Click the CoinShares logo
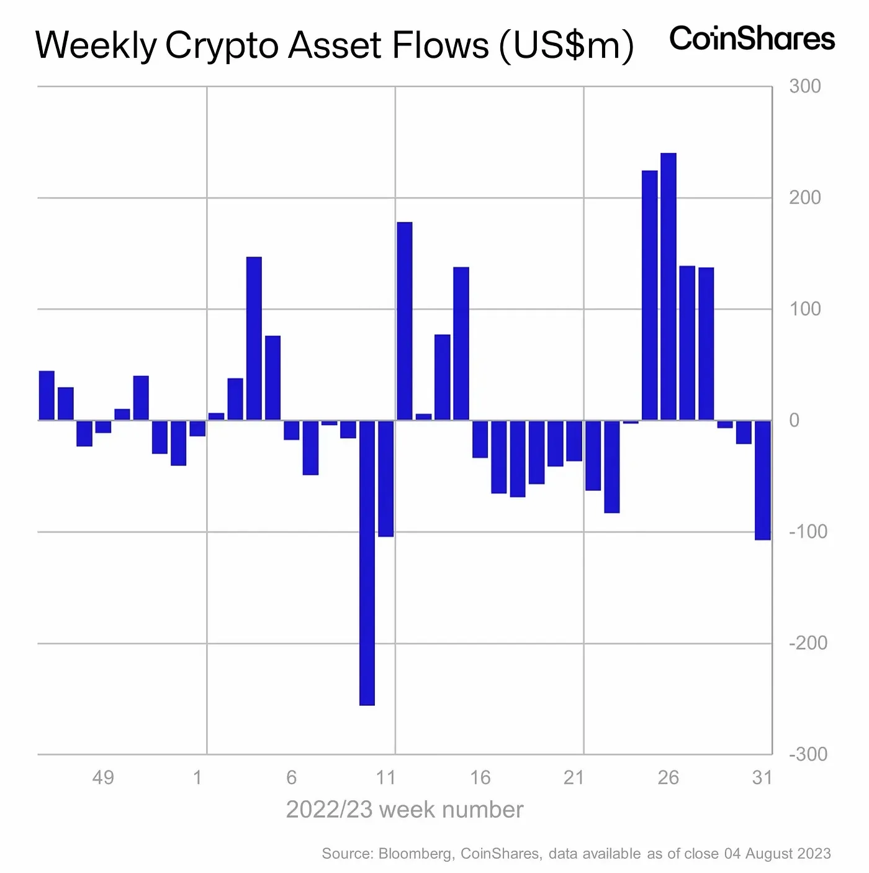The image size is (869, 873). [x=752, y=39]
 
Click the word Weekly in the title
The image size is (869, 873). [x=96, y=46]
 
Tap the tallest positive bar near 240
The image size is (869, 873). [x=669, y=286]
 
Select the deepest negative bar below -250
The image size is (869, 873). [x=367, y=562]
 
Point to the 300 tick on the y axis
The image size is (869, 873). [x=805, y=86]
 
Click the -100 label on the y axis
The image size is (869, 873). [x=808, y=532]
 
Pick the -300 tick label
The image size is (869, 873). [x=808, y=754]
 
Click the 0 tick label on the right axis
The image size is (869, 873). [x=794, y=421]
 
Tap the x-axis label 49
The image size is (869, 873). [x=103, y=777]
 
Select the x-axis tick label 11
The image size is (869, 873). [x=385, y=777]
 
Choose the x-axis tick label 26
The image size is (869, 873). [x=669, y=777]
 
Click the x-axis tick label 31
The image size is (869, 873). [x=762, y=777]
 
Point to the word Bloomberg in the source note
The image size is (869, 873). [x=415, y=854]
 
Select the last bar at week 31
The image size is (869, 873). [x=763, y=480]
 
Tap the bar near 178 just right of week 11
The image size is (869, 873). [x=405, y=321]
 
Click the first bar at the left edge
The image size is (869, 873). [x=47, y=395]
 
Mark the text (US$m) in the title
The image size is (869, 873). [x=566, y=46]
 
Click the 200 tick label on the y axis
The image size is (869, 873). [x=805, y=198]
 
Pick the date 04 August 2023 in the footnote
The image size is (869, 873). [x=777, y=854]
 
